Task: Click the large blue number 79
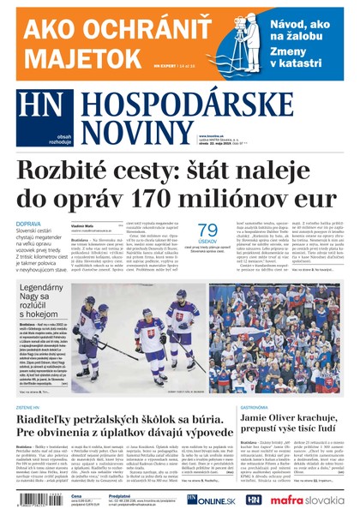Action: pyautogui.click(x=208, y=230)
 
